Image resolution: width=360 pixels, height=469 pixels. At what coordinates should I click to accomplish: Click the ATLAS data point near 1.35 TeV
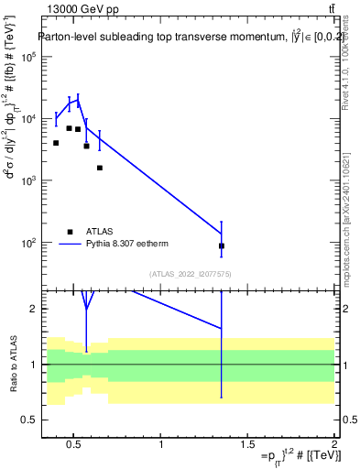[222, 245]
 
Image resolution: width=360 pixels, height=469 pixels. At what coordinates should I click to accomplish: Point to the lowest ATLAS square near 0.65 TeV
[99, 168]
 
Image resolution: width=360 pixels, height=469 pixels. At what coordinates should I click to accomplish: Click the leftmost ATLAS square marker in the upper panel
[56, 143]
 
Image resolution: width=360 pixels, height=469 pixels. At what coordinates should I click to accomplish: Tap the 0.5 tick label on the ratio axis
[29, 420]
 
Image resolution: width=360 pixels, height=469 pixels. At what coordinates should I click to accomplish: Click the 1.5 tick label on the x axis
[247, 445]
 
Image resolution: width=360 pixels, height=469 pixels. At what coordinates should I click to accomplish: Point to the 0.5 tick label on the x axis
[74, 445]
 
